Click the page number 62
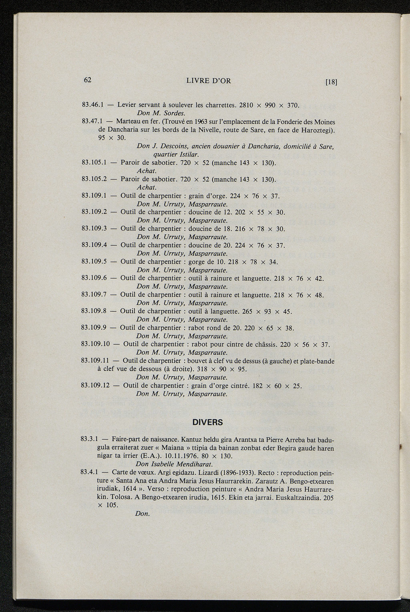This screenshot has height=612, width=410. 88,80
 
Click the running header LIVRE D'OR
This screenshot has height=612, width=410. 209,81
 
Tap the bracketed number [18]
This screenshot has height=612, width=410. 332,83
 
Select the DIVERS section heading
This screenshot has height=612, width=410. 208,422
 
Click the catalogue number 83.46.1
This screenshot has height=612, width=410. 93,106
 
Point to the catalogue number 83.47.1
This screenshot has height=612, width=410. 93,122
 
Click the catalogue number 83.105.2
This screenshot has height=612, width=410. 94,179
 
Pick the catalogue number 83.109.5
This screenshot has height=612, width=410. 94,262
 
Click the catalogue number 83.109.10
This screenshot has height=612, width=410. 96,344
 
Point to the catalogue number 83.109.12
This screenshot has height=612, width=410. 96,386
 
